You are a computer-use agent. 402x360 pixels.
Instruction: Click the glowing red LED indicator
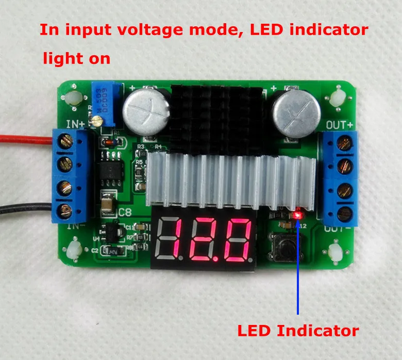pyautogui.click(x=297, y=214)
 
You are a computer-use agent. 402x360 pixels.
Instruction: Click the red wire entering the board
pyautogui.click(x=26, y=138)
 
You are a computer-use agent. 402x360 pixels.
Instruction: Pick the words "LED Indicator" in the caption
pyautogui.click(x=297, y=330)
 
